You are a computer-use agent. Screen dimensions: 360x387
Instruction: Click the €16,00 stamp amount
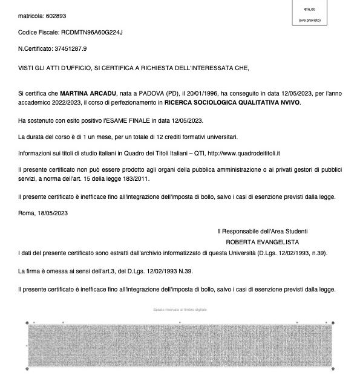(309, 9)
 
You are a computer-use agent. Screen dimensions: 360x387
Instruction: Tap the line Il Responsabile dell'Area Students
(263, 231)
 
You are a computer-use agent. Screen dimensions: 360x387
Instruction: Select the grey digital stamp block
(180, 344)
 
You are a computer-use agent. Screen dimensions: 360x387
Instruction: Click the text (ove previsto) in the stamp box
(309, 21)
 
